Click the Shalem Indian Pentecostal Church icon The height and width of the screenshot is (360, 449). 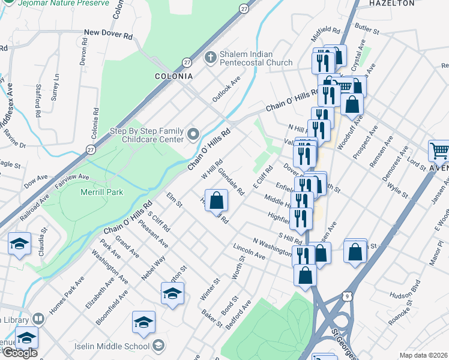(x=210, y=58)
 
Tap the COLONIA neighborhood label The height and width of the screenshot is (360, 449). (x=174, y=76)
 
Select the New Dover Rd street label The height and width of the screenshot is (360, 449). (x=108, y=35)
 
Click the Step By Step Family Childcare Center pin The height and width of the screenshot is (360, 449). (x=193, y=134)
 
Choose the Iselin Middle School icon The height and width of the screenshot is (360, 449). (x=158, y=345)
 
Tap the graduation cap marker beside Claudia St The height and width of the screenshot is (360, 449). (x=19, y=244)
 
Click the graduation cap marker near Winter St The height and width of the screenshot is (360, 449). (x=172, y=293)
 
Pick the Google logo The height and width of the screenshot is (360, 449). (x=20, y=353)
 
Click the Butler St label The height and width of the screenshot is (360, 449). (x=367, y=28)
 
